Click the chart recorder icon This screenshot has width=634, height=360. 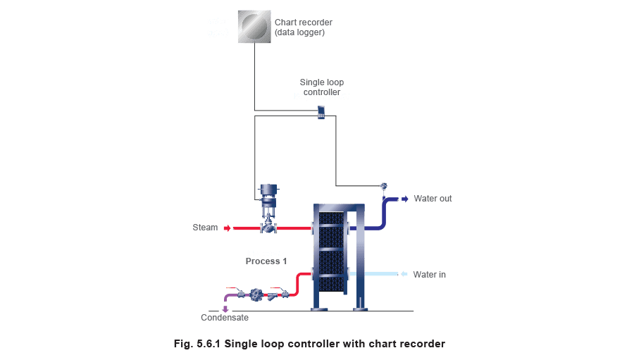click(x=254, y=27)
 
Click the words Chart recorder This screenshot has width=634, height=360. click(x=303, y=23)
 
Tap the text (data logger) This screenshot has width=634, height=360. click(x=299, y=32)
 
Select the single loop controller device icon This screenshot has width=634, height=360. click(x=321, y=113)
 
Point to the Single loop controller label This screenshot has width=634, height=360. click(x=322, y=87)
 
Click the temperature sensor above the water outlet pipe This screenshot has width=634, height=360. click(x=384, y=187)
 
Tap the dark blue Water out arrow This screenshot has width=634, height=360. click(x=404, y=199)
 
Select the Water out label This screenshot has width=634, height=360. click(x=433, y=199)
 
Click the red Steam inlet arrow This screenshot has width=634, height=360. click(x=228, y=228)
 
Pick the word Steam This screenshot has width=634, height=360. click(x=205, y=228)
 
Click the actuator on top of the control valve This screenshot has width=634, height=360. click(x=268, y=194)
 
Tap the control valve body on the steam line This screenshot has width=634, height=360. click(x=268, y=228)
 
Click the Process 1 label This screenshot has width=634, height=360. click(x=266, y=261)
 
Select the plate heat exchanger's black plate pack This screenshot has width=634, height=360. click(x=331, y=252)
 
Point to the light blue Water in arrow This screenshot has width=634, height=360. click(x=404, y=274)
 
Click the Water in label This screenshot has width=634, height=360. click(x=430, y=275)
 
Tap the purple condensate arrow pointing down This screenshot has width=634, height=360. click(x=225, y=309)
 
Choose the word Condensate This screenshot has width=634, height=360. click(x=225, y=318)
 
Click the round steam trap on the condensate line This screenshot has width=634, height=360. click(x=256, y=294)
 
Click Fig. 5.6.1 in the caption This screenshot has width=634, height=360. click(x=197, y=344)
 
